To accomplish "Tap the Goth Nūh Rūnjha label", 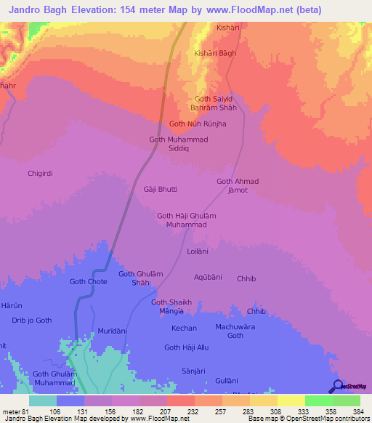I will click(x=198, y=124).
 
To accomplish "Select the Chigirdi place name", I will click(x=41, y=173).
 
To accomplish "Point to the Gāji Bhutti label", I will click(x=160, y=189).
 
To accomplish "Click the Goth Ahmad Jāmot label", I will click(x=238, y=185).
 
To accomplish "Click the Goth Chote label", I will click(x=88, y=281).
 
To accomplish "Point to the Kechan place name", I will click(x=184, y=329).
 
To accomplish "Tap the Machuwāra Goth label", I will click(x=235, y=331).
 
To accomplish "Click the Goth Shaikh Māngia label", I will click(x=171, y=307).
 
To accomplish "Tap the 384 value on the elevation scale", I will click(x=352, y=411).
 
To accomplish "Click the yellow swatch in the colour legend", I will click(x=291, y=400).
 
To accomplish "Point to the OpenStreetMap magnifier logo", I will click(x=337, y=386).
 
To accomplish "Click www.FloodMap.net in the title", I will click(x=234, y=9).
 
